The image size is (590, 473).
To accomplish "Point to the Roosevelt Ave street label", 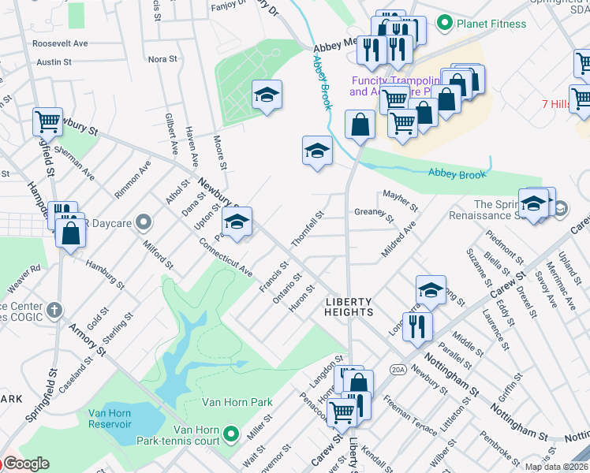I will point(59,43).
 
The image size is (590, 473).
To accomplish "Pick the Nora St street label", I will point(162,59).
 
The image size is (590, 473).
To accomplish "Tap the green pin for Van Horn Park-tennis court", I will point(230,433).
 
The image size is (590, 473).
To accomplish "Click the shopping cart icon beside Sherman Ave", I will point(47,121).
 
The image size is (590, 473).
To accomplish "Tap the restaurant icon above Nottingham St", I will point(417,325).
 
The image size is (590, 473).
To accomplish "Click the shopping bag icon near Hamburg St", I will point(71,234).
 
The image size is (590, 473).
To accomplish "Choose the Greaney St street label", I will point(374,214).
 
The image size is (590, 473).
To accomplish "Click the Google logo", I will point(25,464).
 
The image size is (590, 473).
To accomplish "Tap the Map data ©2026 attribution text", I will point(556,467).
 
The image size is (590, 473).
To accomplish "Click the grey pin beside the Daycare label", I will point(143,223).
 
